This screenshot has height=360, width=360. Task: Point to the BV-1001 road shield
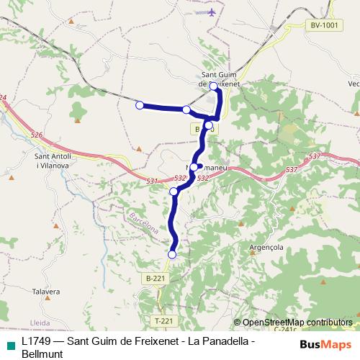click(x=324, y=25)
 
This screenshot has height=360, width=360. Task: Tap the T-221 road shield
click(x=163, y=320)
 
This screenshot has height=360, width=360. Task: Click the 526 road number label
click(x=37, y=134)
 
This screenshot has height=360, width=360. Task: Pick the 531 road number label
click(x=151, y=181)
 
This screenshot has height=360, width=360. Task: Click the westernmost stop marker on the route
click(x=140, y=105)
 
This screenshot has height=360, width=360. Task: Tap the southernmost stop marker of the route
click(x=172, y=254)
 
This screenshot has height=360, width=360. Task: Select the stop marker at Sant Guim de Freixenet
click(x=214, y=86)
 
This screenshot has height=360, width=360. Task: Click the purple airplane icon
click(x=211, y=12)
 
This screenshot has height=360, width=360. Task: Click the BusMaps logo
click(x=326, y=344)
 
